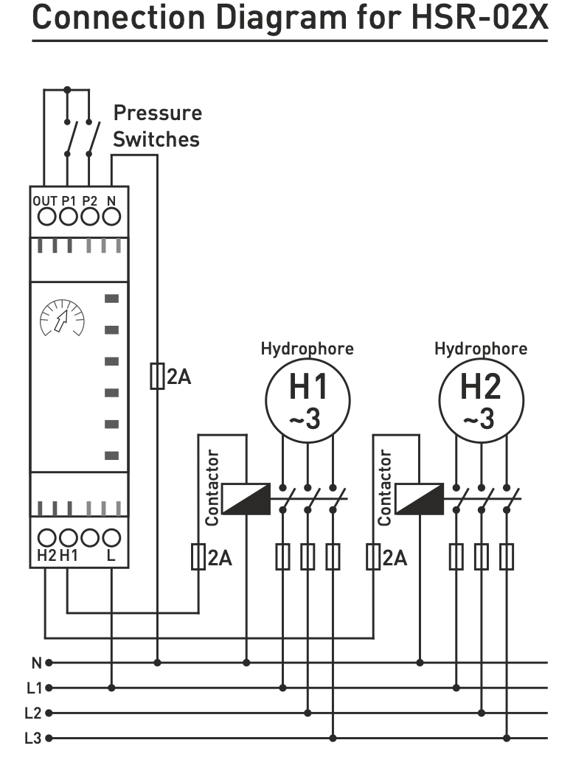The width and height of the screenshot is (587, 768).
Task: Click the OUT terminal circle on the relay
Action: [46, 217]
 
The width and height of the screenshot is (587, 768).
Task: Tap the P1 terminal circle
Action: [68, 217]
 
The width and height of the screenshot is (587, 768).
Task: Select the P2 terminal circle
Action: [89, 217]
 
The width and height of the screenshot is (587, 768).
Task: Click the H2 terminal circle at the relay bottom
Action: [46, 537]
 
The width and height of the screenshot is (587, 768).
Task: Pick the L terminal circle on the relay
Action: [111, 537]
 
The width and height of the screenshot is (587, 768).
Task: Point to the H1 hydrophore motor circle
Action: [308, 401]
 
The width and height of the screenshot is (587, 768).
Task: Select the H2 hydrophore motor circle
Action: [482, 401]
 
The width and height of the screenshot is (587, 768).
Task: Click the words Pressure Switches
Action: [156, 126]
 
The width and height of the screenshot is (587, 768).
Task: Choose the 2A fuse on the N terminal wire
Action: [156, 377]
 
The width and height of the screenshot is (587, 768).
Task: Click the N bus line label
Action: [35, 662]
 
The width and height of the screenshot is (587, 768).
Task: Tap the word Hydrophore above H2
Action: [481, 348]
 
